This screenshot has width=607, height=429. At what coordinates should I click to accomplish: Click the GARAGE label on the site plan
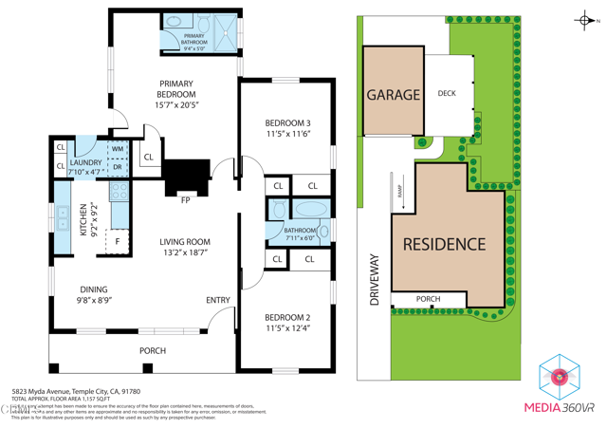[393, 95]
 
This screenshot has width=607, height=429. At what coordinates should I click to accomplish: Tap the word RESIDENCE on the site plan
[444, 244]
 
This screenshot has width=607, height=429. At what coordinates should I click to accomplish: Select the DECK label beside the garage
[447, 94]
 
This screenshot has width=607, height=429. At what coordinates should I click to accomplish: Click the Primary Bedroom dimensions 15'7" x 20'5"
[176, 106]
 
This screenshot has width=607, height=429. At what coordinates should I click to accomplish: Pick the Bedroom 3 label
[286, 123]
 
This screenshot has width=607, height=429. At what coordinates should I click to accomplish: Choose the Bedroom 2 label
[286, 317]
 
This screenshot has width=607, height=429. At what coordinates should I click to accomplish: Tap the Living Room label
[184, 242]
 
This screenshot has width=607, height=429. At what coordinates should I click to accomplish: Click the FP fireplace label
[185, 199]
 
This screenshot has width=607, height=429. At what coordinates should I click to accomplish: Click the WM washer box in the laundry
[118, 149]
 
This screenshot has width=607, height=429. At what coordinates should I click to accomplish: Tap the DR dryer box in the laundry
[118, 167]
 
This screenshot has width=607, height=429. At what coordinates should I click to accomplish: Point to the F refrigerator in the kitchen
[119, 242]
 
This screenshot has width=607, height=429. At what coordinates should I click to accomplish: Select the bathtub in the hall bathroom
[307, 209]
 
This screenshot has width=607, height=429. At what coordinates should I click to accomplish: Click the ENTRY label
[218, 301]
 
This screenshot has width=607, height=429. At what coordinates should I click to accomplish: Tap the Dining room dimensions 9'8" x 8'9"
[93, 301]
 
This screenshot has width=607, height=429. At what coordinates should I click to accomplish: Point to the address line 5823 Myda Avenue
[76, 391]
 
